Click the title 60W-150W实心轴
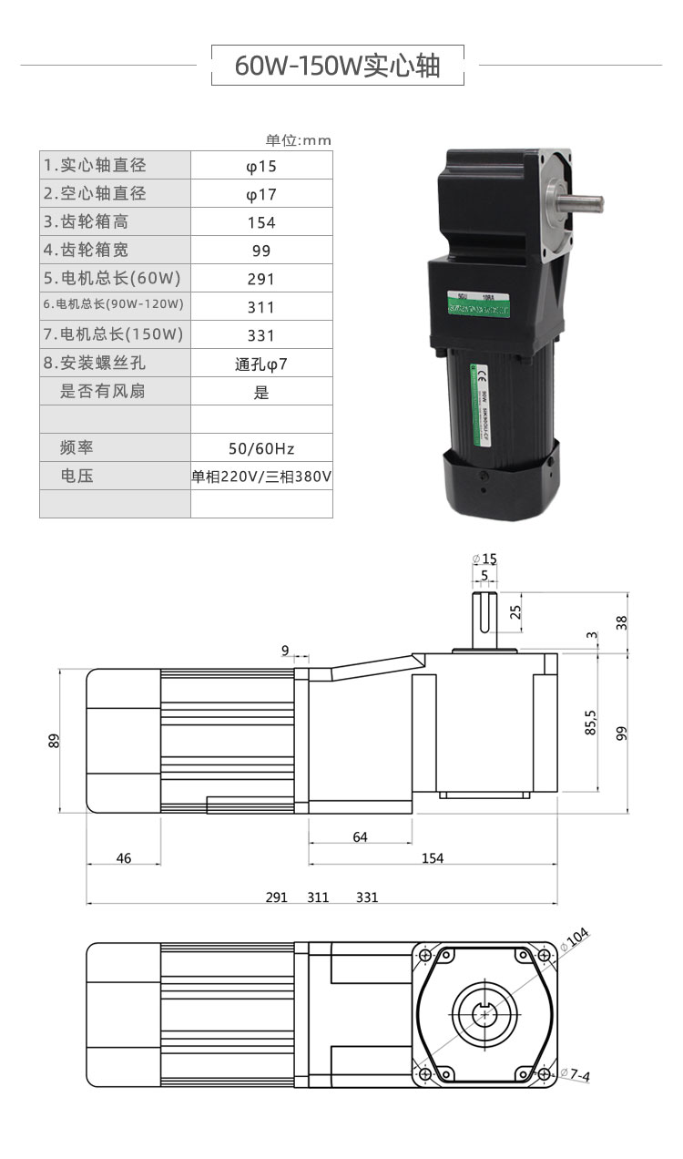338,66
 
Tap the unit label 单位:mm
299,140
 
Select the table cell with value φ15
261,166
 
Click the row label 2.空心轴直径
95,193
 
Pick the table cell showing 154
261,222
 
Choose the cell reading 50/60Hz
261,448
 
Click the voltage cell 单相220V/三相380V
261,477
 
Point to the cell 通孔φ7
261,364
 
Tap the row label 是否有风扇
102,392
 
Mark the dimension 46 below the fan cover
124,858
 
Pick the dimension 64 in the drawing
360,836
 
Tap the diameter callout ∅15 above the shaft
485,559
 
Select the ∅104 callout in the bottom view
576,936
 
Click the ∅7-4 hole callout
576,1075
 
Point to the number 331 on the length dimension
367,897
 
